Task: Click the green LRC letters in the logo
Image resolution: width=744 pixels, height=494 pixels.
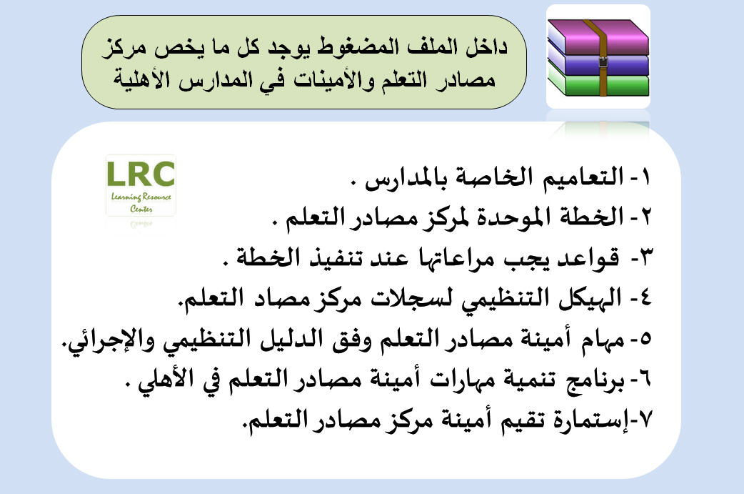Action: click(141, 174)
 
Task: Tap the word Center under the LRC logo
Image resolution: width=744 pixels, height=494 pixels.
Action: click(141, 209)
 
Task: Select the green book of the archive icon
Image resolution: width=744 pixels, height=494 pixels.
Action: click(599, 84)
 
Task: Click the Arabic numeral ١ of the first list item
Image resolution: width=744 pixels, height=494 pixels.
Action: click(646, 177)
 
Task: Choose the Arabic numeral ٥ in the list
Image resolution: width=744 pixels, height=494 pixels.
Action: click(645, 339)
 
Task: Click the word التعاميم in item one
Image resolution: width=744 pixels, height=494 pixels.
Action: click(583, 177)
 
